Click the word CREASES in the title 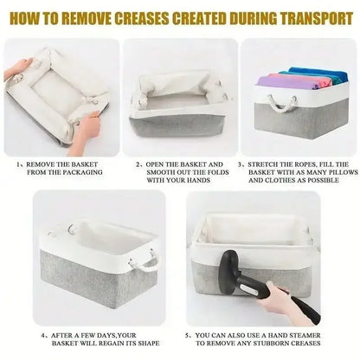142,18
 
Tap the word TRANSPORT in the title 317,18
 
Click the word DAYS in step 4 106,336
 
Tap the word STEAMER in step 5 305,336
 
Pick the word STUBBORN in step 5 272,344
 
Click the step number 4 43,336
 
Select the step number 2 138,164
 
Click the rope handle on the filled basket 282,103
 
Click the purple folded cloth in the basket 285,82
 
